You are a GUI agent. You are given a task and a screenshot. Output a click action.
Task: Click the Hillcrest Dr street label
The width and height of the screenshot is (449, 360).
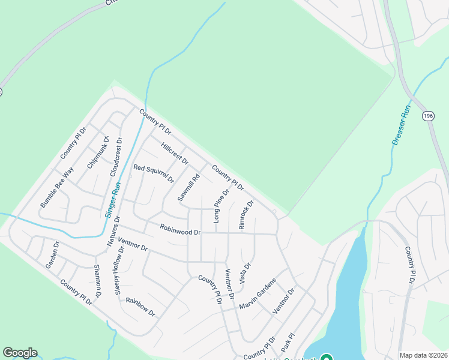click(175, 154)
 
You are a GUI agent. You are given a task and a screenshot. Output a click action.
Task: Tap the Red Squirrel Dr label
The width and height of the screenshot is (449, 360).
click(154, 173)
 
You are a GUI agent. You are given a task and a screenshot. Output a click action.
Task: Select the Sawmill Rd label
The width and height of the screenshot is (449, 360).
click(188, 188)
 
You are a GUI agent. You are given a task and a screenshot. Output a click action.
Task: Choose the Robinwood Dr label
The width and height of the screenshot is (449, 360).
click(180, 229)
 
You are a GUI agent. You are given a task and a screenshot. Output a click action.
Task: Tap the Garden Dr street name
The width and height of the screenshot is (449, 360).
click(52, 255)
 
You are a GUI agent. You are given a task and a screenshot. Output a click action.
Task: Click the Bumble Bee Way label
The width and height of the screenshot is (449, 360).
click(56, 187)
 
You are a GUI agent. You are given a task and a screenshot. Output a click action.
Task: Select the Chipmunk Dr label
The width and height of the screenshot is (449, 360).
click(98, 153)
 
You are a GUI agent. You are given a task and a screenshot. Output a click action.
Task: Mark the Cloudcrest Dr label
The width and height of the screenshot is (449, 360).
click(116, 157)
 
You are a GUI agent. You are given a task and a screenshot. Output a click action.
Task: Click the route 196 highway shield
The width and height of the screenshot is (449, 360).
click(428, 116)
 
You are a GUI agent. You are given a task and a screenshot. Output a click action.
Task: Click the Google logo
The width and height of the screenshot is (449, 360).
click(20, 353)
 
